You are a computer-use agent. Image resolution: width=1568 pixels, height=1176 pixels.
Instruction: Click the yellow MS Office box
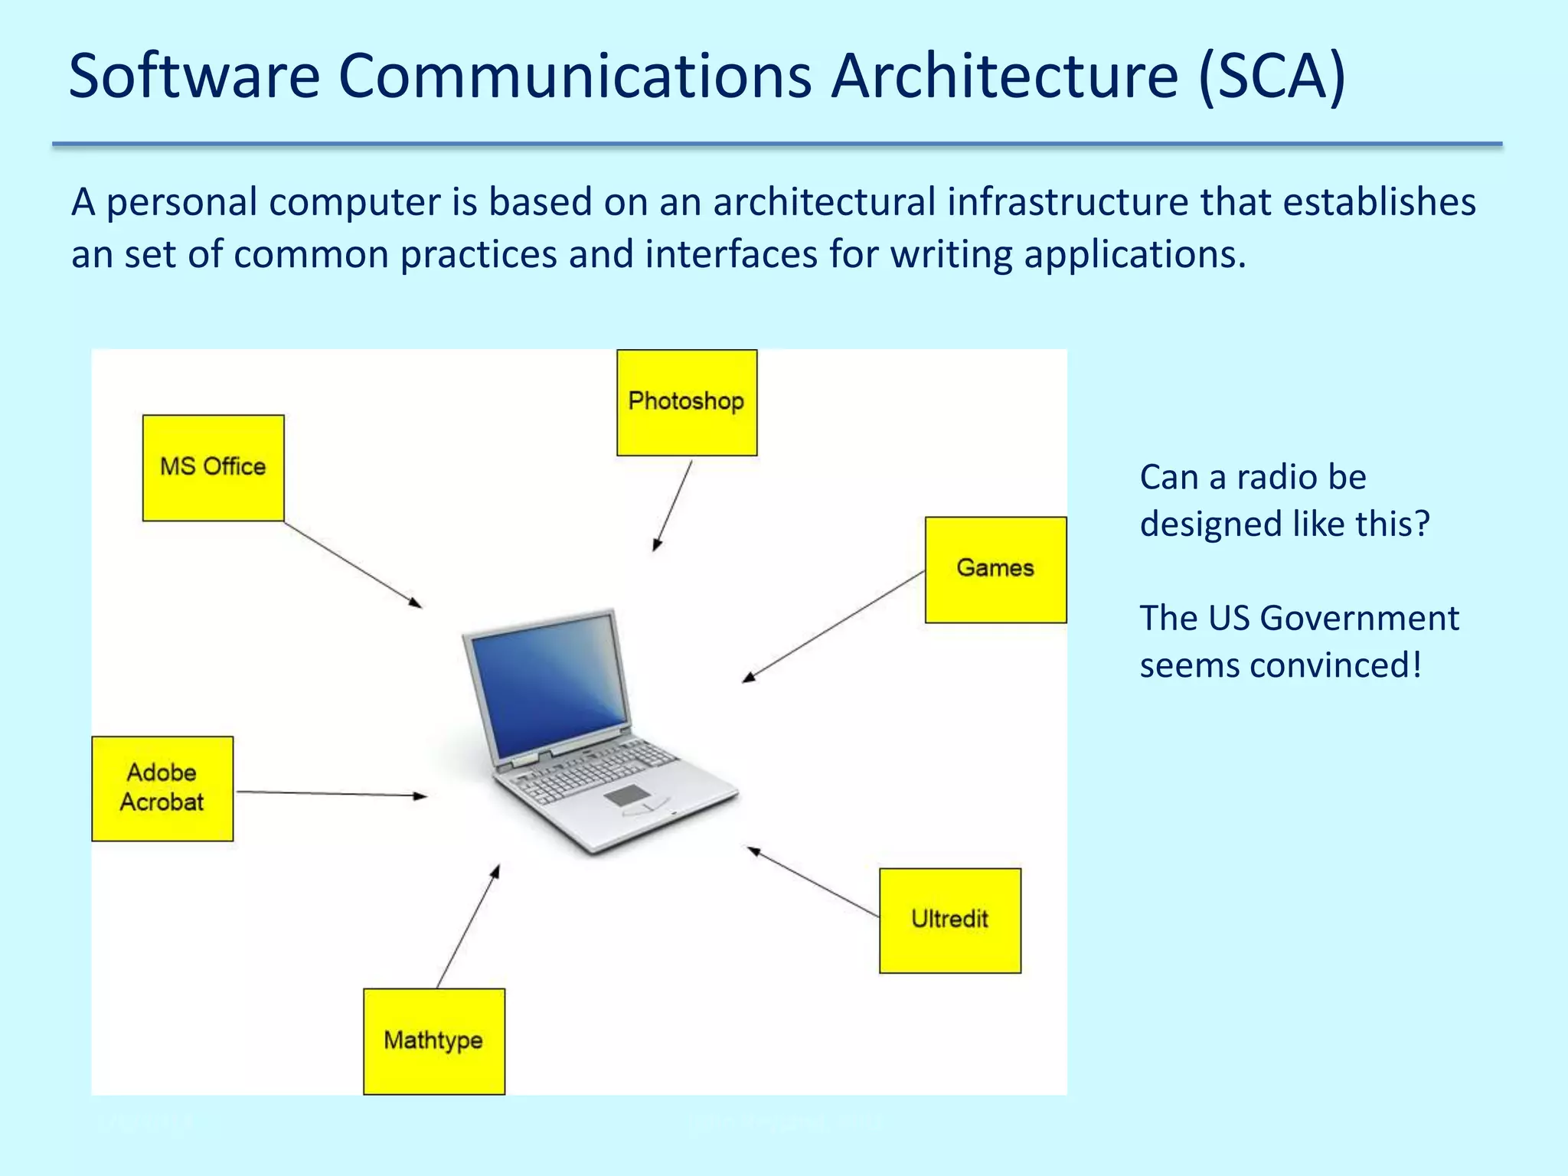click(213, 468)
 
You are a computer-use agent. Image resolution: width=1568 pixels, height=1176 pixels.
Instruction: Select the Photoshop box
click(687, 403)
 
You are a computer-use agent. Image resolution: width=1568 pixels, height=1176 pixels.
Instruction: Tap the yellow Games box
click(995, 570)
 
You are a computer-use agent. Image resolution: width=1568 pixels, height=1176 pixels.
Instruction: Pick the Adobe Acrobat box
click(162, 789)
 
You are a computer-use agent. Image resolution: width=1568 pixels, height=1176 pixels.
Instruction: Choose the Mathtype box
click(434, 1041)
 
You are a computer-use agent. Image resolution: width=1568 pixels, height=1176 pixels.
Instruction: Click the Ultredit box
click(950, 920)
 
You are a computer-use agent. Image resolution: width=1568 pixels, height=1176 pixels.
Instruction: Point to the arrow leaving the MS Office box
click(353, 565)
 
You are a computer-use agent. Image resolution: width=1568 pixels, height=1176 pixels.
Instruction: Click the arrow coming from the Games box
click(834, 626)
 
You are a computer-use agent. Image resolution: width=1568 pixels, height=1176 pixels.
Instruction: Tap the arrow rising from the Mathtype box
click(468, 926)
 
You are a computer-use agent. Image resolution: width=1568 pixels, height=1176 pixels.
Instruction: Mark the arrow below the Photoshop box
click(673, 505)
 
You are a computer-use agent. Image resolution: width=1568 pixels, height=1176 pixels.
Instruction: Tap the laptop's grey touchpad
click(627, 795)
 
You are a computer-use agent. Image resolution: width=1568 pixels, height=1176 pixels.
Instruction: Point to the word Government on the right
click(1359, 618)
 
